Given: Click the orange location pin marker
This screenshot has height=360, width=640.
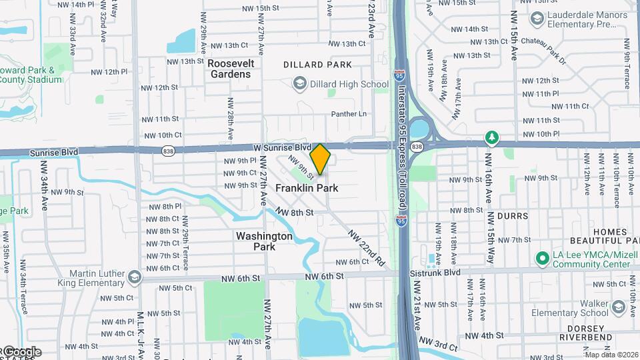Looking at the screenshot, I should click(x=320, y=159).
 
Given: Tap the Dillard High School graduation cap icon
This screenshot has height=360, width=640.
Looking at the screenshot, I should click(x=299, y=84).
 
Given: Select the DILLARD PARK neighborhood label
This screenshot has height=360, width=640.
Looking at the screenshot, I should click(x=317, y=65).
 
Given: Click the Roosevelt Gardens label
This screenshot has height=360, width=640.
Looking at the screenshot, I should click(x=229, y=68).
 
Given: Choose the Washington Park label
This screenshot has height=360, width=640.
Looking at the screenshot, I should click(x=264, y=241).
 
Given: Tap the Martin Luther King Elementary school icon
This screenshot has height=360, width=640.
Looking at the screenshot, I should click(x=135, y=276).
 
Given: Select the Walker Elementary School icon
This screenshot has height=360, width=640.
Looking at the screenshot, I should click(x=617, y=307).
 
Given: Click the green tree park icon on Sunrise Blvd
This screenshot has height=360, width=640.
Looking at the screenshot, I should click(x=492, y=137).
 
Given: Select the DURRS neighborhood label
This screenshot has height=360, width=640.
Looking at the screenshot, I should click(x=513, y=216).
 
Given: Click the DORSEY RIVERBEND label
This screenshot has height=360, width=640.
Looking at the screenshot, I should click(x=595, y=334).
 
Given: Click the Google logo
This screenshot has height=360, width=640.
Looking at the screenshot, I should click(x=22, y=352).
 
